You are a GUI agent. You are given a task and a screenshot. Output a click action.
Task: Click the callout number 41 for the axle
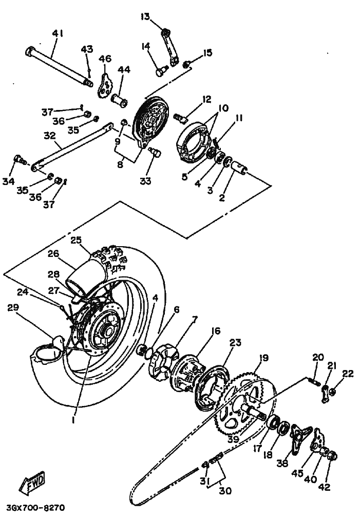pyautogui.click(x=58, y=33)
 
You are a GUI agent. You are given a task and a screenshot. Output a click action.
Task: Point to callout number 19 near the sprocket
pyautogui.click(x=263, y=358)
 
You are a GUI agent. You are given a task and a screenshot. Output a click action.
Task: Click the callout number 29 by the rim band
pyautogui.click(x=13, y=308)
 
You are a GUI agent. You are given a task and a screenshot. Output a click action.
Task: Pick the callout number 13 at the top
pyautogui.click(x=145, y=16)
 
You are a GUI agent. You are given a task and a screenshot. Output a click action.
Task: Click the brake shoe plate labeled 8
pyautogui.click(x=150, y=120)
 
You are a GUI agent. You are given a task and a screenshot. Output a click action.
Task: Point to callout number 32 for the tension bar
pyautogui.click(x=50, y=136)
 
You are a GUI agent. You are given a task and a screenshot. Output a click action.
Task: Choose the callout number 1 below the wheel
pyautogui.click(x=73, y=420)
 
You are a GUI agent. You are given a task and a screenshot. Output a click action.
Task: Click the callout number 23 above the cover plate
pyautogui.click(x=236, y=343)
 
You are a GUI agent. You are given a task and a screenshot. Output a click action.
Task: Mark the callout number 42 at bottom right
pyautogui.click(x=324, y=487)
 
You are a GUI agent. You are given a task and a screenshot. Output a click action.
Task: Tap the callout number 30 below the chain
pyautogui.click(x=225, y=491)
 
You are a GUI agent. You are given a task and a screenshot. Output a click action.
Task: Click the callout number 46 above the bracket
pyautogui.click(x=105, y=59)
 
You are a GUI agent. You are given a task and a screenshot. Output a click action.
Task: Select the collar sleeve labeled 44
pyautogui.click(x=119, y=100)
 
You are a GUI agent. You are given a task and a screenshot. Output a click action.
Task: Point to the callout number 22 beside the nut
pyautogui.click(x=348, y=374)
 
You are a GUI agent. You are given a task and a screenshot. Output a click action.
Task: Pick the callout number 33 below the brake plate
pyautogui.click(x=145, y=181)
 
